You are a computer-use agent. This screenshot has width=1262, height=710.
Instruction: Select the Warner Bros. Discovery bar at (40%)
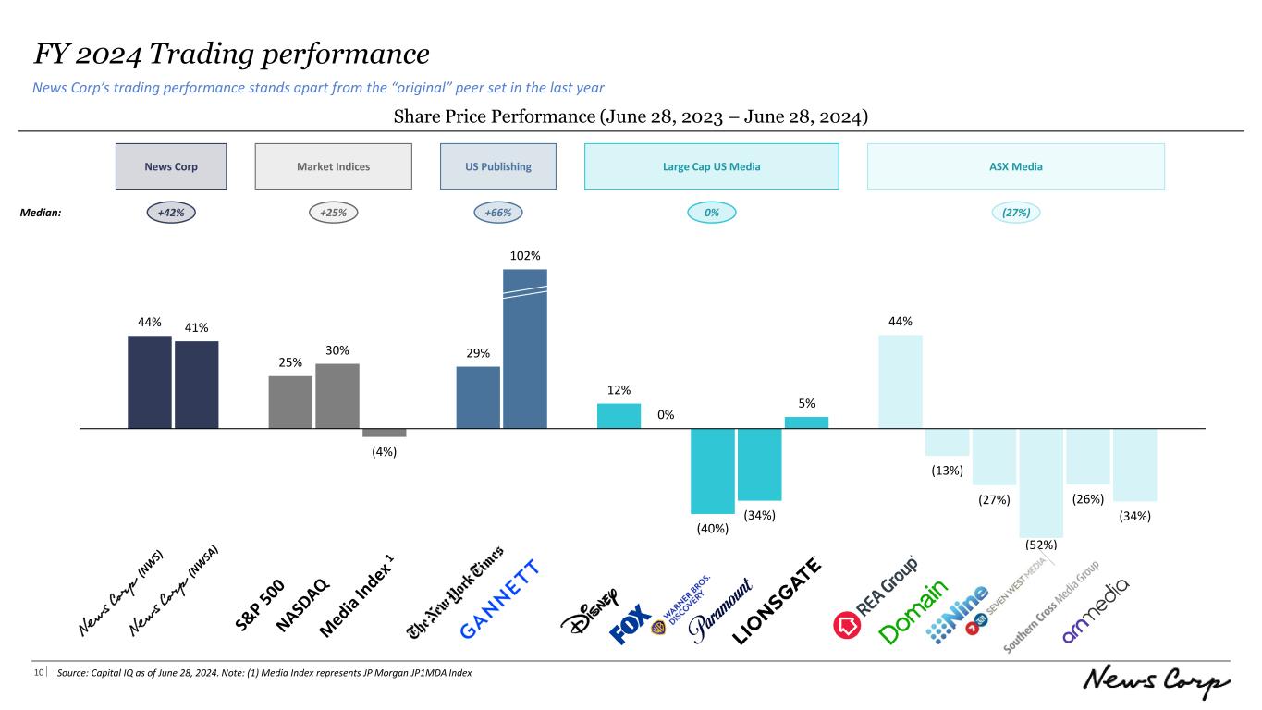click(713, 471)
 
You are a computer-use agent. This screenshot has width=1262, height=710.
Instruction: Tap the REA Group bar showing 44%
click(901, 381)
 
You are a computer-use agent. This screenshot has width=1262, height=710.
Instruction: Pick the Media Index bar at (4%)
click(384, 433)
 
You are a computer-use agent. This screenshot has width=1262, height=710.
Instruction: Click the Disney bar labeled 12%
click(619, 416)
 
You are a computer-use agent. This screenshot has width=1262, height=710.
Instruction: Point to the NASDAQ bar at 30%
click(337, 396)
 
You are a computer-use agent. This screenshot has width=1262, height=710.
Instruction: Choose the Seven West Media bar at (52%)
click(1042, 483)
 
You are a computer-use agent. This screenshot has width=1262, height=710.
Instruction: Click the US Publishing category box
click(498, 166)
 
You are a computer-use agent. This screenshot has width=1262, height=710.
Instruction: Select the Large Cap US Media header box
click(711, 166)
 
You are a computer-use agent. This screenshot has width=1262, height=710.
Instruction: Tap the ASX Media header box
click(1015, 166)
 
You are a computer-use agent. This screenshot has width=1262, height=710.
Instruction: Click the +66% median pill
click(498, 213)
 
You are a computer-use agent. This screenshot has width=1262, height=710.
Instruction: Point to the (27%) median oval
click(1016, 213)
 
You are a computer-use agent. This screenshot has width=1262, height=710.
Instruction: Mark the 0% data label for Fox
click(666, 414)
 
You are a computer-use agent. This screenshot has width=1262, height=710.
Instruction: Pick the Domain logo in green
click(913, 612)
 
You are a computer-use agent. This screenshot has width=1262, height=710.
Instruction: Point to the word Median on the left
click(40, 213)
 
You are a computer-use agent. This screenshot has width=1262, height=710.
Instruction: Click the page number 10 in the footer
click(40, 673)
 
